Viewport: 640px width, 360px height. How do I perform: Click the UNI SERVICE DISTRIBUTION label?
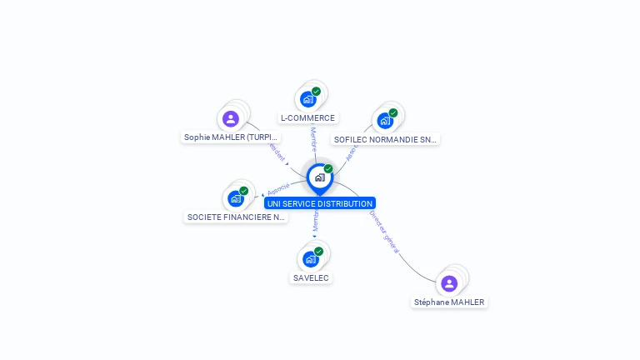click(x=320, y=203)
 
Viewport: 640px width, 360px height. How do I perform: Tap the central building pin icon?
click(x=319, y=177)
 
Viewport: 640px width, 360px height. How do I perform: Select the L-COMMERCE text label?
click(x=307, y=118)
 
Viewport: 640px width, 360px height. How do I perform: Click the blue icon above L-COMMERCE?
click(x=308, y=99)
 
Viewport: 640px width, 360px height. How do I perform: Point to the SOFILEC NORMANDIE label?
click(x=385, y=140)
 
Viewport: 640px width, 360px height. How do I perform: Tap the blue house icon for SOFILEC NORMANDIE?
click(x=385, y=121)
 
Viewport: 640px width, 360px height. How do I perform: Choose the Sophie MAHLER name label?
click(x=231, y=137)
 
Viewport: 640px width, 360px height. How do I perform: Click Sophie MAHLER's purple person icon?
click(x=231, y=118)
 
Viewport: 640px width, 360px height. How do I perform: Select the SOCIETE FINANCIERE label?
click(x=236, y=217)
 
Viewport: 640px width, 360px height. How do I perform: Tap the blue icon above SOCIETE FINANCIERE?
click(x=236, y=198)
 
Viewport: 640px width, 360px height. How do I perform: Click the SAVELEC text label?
click(x=311, y=277)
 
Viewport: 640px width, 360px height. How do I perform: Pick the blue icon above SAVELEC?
click(x=311, y=258)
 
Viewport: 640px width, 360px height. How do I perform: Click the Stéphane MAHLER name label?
click(x=449, y=302)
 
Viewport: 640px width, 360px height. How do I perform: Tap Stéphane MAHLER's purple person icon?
click(x=449, y=283)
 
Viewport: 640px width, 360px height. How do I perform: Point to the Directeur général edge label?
click(x=384, y=232)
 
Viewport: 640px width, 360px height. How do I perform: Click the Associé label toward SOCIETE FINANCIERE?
click(x=278, y=188)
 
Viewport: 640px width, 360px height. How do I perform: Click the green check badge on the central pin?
click(x=328, y=169)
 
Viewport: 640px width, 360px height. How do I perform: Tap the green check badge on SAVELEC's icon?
click(x=318, y=251)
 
